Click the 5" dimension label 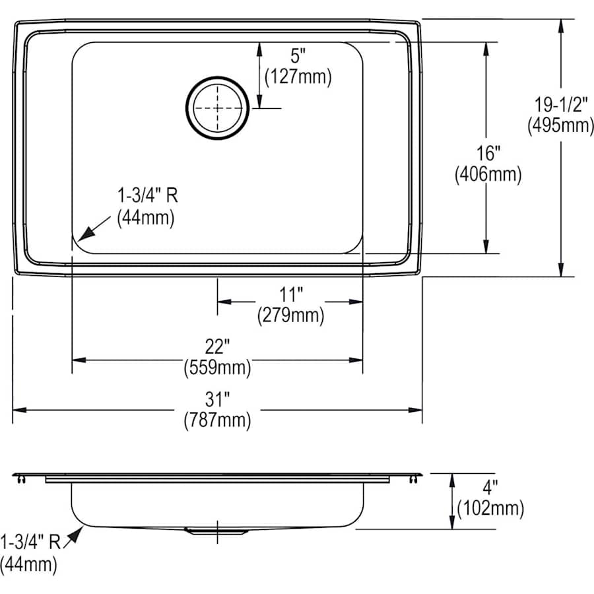(298, 56)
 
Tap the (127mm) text (298, 77)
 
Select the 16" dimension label (488, 153)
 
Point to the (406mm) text (488, 175)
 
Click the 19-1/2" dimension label (561, 104)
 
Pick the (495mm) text (560, 125)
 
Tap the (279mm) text (291, 315)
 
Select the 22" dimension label (217, 346)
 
